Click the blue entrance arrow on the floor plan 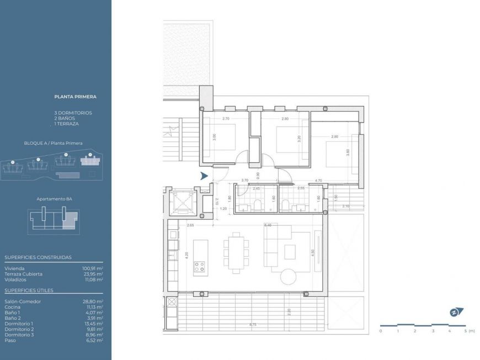click(x=204, y=176)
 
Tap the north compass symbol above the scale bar click(x=456, y=312)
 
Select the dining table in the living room click(x=235, y=253)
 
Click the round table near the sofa click(x=289, y=276)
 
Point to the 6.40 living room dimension click(x=268, y=225)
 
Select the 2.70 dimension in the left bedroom click(x=226, y=119)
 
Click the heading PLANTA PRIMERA click(x=75, y=97)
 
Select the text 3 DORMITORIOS click(x=73, y=113)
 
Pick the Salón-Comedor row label click(x=23, y=301)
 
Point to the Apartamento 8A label click(x=55, y=198)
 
